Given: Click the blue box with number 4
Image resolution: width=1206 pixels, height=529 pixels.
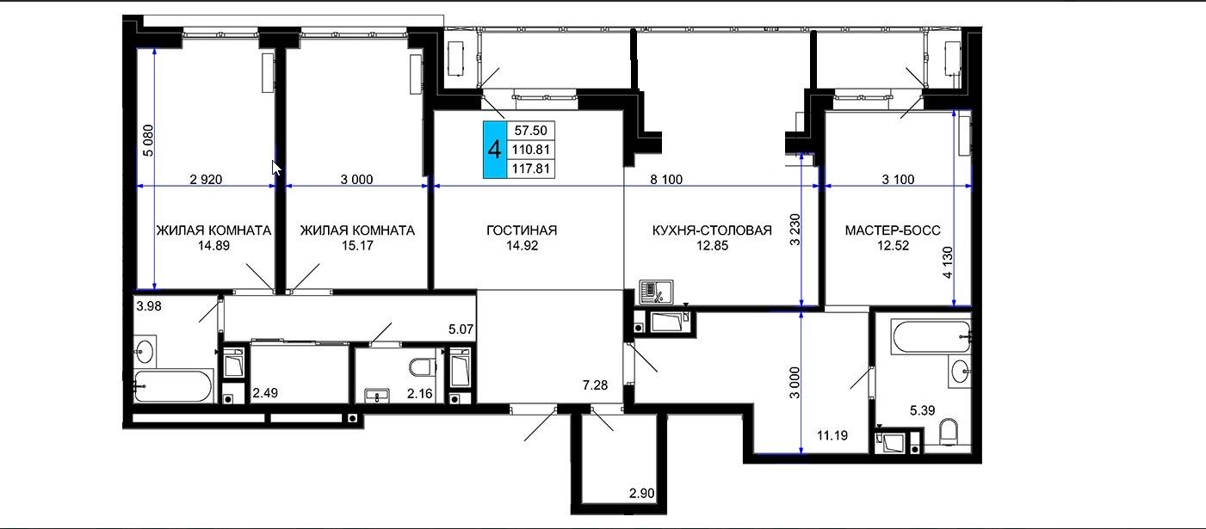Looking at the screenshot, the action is pyautogui.click(x=495, y=149).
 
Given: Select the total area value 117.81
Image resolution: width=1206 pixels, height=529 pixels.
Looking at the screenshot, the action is pyautogui.click(x=531, y=169).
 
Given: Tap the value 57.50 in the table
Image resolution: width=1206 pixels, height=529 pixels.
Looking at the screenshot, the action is pyautogui.click(x=531, y=130).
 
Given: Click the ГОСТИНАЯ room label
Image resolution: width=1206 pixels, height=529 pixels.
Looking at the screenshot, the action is pyautogui.click(x=522, y=231).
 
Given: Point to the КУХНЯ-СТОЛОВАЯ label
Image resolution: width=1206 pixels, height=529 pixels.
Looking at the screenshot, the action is pyautogui.click(x=712, y=231).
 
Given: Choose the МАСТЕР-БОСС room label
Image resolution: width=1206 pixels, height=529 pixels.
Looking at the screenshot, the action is pyautogui.click(x=893, y=231).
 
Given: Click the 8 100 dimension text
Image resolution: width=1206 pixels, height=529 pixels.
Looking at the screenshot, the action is pyautogui.click(x=666, y=179).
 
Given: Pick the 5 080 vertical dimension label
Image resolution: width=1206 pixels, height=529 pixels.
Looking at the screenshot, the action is pyautogui.click(x=149, y=140).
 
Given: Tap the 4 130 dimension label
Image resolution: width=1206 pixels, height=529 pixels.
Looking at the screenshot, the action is pyautogui.click(x=948, y=262).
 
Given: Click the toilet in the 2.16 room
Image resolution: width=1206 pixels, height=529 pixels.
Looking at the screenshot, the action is pyautogui.click(x=423, y=368).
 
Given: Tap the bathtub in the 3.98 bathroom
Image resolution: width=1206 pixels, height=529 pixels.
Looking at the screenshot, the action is pyautogui.click(x=173, y=386).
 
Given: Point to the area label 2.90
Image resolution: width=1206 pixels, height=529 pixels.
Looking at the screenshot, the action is pyautogui.click(x=642, y=494).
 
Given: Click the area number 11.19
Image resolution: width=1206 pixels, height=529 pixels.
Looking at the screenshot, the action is pyautogui.click(x=832, y=435).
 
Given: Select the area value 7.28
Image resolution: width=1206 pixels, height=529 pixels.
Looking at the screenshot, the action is pyautogui.click(x=595, y=385).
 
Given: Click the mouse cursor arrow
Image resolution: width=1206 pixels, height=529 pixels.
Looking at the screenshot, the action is pyautogui.click(x=275, y=168).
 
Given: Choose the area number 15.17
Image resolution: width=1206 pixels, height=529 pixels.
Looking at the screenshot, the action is pyautogui.click(x=357, y=246).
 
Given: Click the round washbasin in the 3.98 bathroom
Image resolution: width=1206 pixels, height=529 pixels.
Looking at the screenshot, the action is pyautogui.click(x=145, y=352).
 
